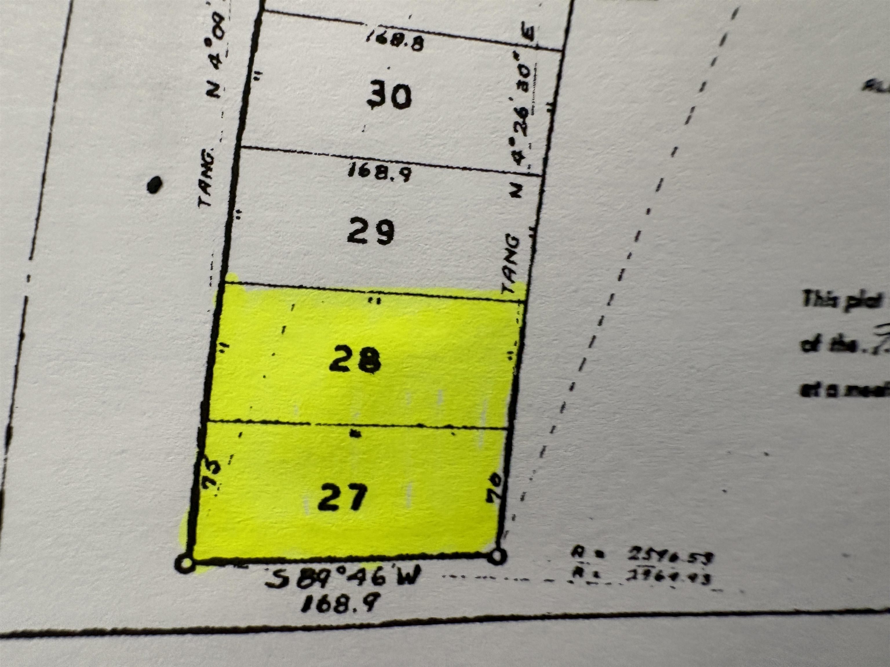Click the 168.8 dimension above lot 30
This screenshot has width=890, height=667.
pyautogui.click(x=395, y=41)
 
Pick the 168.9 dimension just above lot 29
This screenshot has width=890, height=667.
pyautogui.click(x=379, y=172)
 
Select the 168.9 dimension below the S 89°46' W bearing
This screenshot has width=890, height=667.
pyautogui.click(x=340, y=603)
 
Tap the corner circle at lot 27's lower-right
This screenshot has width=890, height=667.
pyautogui.click(x=497, y=556)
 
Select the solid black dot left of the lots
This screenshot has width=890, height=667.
pyautogui.click(x=154, y=185)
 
